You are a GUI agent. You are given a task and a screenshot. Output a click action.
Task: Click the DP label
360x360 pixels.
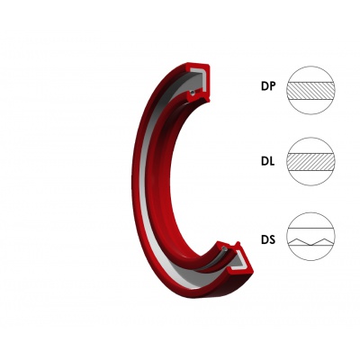tap(268, 86)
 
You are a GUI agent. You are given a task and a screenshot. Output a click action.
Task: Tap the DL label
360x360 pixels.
tap(267, 162)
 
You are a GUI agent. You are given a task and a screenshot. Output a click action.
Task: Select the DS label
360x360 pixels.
tap(268, 239)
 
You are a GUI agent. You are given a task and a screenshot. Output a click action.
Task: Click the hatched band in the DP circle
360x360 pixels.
tap(310, 91)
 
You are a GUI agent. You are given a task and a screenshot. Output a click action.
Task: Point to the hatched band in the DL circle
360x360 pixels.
tap(310, 162)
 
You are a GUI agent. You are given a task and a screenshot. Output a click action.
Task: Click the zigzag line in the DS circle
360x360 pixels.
tap(310, 242)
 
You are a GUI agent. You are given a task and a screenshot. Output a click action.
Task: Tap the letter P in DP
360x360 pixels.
tap(272, 86)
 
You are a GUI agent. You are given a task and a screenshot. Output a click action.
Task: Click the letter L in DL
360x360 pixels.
tap(272, 162)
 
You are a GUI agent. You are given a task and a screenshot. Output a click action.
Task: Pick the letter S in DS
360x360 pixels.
tap(272, 239)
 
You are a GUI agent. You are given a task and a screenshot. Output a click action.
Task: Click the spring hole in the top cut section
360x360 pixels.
tap(193, 93)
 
